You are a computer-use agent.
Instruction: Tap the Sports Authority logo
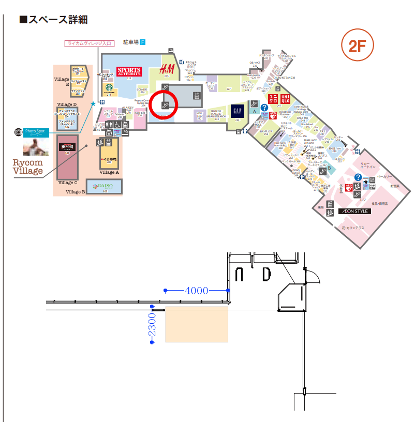click(x=129, y=71)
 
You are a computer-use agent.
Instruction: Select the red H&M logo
click(x=166, y=69)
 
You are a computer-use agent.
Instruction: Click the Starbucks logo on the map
click(x=109, y=88)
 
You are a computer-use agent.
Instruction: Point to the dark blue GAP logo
click(x=237, y=111)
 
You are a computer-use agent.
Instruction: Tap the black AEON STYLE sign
click(x=354, y=212)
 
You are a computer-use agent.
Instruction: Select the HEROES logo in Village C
click(x=67, y=146)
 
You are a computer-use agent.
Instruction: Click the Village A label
click(x=109, y=172)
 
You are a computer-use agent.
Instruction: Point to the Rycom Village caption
click(x=28, y=167)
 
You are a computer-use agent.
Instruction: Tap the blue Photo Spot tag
click(x=36, y=132)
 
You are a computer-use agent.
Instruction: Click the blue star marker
click(x=93, y=104)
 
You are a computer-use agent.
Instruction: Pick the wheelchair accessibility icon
click(x=118, y=125)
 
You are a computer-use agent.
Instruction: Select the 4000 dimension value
click(x=196, y=291)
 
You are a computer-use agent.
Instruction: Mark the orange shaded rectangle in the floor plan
click(x=197, y=324)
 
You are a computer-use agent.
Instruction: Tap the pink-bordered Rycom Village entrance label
click(x=89, y=43)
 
